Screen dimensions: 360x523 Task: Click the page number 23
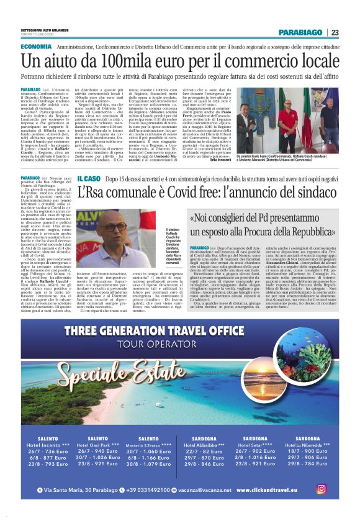point(335,33)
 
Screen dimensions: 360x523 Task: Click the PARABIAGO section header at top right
point(301,33)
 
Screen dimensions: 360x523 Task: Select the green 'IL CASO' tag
point(89,178)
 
